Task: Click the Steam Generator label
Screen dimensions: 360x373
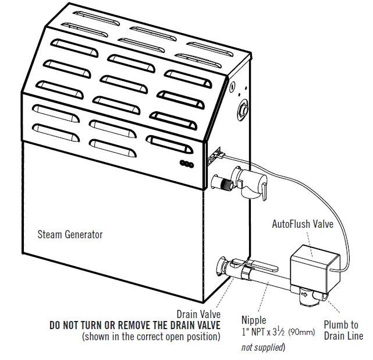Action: coord(70,235)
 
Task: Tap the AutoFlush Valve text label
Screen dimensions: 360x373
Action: coord(303,224)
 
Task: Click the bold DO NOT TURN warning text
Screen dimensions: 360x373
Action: coord(135,325)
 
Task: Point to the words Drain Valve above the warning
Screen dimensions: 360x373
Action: coord(198,315)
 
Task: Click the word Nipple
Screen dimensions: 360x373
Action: coord(254,320)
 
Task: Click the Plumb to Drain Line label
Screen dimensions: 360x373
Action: coord(343,330)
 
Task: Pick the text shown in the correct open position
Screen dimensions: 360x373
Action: coord(151,337)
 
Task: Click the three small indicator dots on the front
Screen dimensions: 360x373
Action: coord(187,163)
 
